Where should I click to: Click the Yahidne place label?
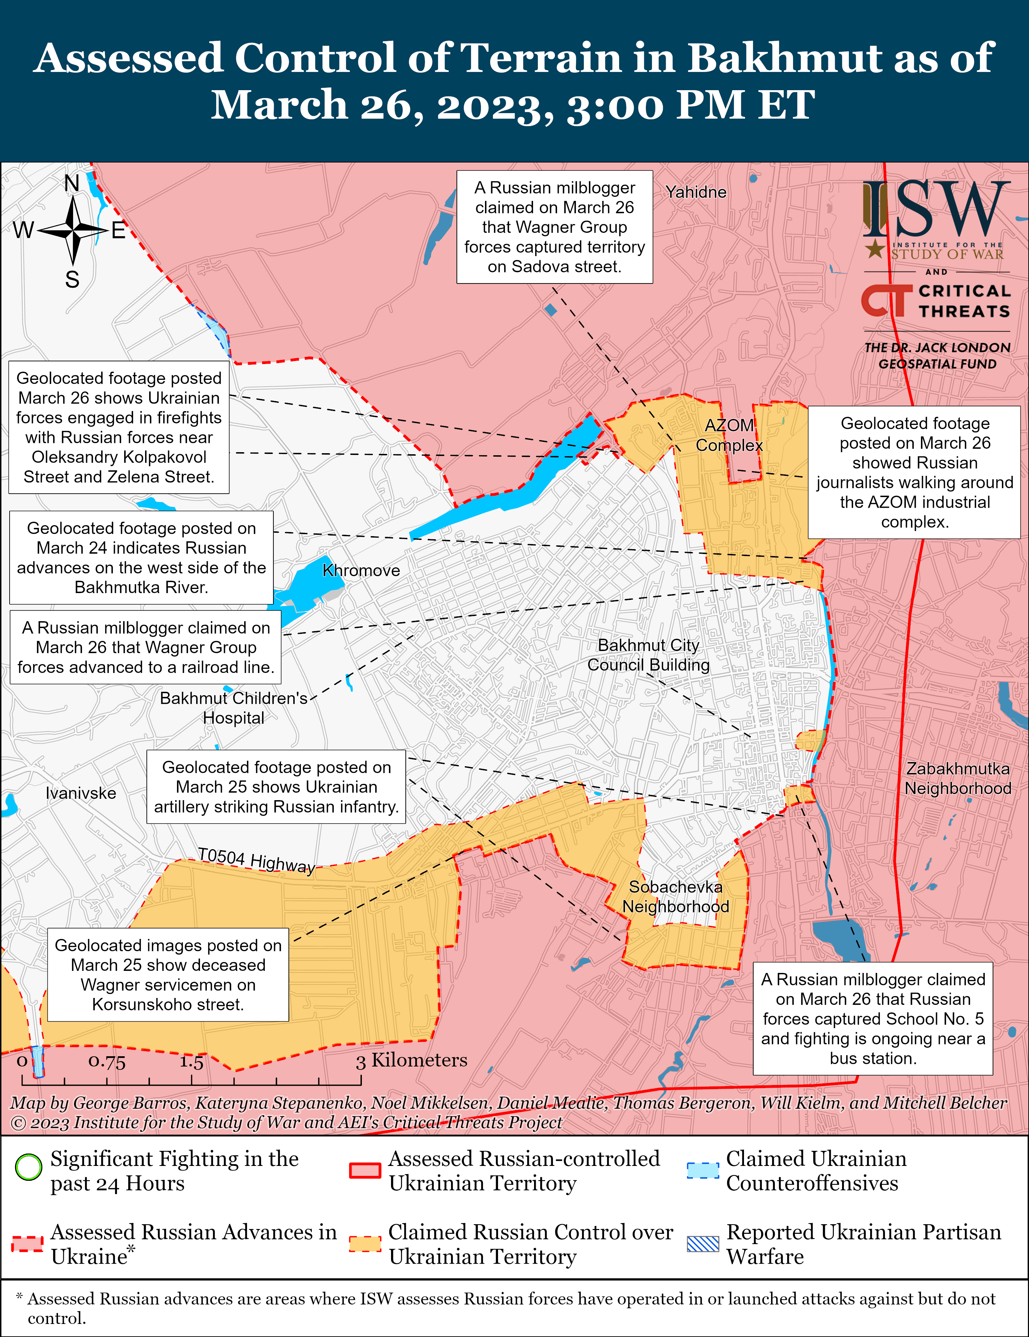click(x=696, y=192)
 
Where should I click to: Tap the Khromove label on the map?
click(x=361, y=570)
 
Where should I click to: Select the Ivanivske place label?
click(x=81, y=793)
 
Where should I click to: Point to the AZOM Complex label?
click(x=729, y=435)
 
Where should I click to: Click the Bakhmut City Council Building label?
click(x=648, y=655)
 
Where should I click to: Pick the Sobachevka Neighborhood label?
click(x=676, y=897)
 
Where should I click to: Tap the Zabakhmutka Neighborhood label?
click(x=958, y=779)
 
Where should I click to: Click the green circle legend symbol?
click(x=28, y=1167)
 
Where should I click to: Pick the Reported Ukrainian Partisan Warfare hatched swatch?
click(x=702, y=1244)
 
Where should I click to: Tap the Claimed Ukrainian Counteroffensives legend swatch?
click(x=702, y=1170)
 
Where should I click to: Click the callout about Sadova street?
click(x=554, y=227)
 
